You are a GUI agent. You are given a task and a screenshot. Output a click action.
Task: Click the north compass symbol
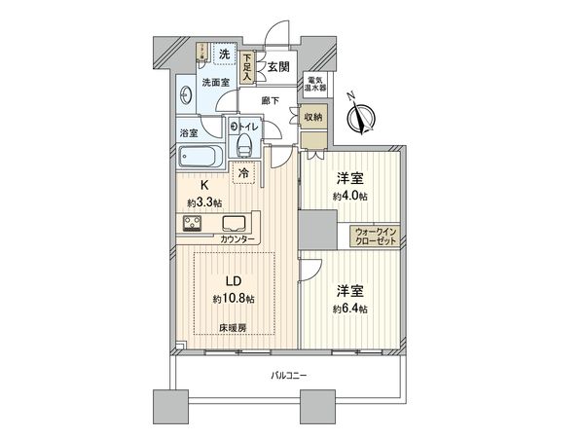click(365, 120)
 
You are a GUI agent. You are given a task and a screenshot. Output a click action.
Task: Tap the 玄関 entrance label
click(278, 67)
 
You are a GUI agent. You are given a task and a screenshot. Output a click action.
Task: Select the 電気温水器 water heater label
click(316, 85)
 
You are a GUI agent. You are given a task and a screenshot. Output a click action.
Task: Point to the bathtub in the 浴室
click(201, 157)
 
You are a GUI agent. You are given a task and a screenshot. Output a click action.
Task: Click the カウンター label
click(237, 239)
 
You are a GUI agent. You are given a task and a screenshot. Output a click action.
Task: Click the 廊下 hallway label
click(272, 99)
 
